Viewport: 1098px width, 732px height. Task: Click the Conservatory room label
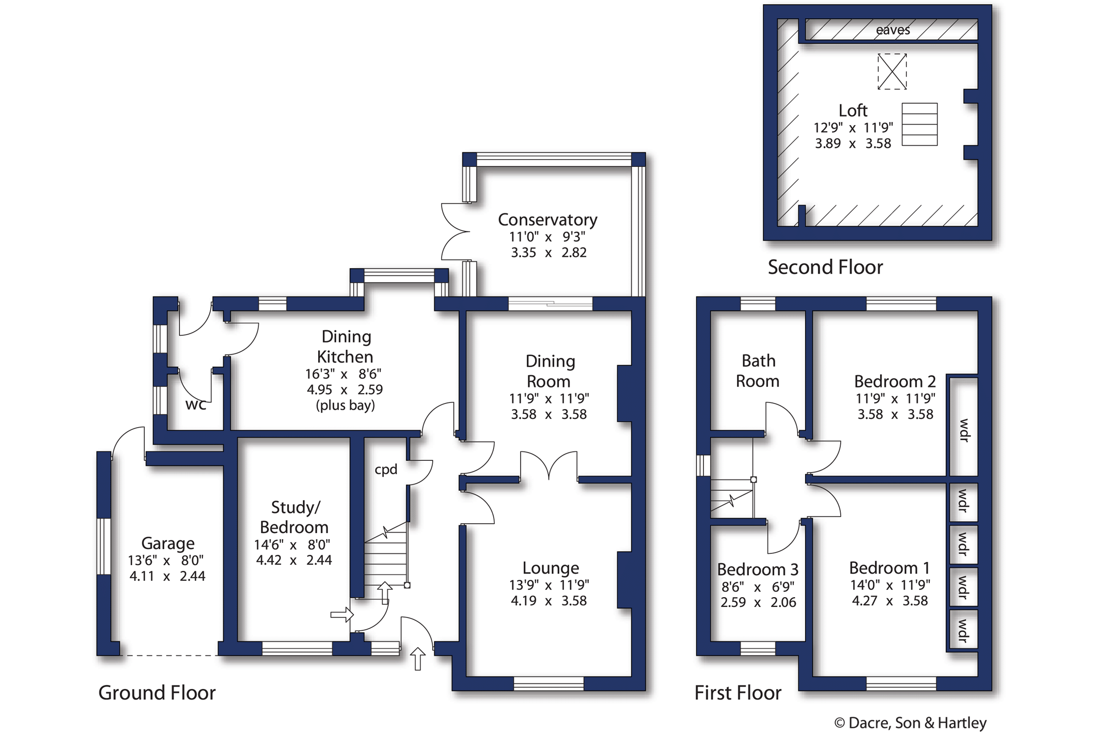[547, 220]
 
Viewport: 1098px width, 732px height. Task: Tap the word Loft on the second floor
[853, 111]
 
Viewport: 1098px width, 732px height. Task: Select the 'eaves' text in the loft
[893, 30]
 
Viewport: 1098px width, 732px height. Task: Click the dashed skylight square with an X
[892, 72]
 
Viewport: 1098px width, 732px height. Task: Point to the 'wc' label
[196, 404]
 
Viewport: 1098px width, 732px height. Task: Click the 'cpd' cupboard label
[386, 470]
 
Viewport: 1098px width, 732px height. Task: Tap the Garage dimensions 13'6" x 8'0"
[166, 560]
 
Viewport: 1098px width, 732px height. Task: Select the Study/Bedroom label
[294, 517]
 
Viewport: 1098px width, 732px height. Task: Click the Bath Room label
[758, 371]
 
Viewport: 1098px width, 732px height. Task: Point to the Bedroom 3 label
[758, 569]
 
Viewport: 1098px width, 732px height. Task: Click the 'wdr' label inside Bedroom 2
[964, 430]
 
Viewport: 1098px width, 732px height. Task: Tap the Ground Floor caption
[157, 693]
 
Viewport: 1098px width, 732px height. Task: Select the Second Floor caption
[825, 267]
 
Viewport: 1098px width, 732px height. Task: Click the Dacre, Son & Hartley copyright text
[911, 723]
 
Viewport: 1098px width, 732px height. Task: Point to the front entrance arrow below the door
[418, 659]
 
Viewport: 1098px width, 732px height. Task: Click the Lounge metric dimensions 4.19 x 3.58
[548, 601]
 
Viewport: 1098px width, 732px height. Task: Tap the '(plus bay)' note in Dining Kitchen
[345, 406]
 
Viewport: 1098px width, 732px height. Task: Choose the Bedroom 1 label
[889, 568]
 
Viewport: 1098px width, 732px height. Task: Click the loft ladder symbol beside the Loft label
[920, 124]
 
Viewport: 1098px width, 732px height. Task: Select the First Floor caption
[738, 693]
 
